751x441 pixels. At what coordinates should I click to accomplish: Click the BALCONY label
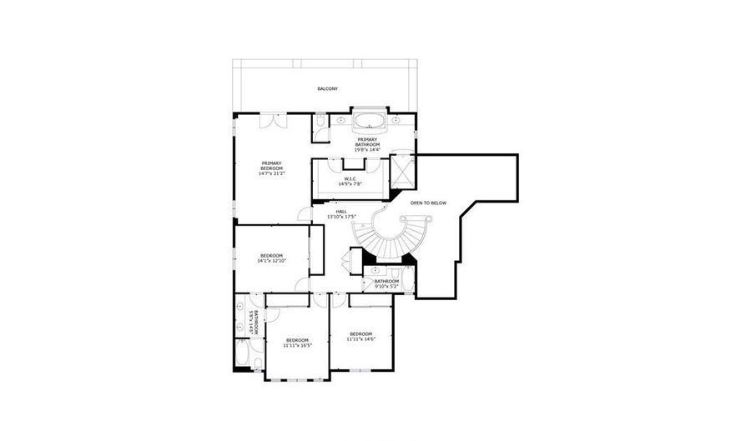click(327, 88)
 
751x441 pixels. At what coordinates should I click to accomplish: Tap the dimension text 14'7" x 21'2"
click(271, 173)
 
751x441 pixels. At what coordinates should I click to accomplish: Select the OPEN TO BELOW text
click(428, 203)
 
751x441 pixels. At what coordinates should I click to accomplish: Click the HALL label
click(341, 212)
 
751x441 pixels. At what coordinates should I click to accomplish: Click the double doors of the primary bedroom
click(271, 121)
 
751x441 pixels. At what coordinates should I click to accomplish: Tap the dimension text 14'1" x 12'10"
click(271, 261)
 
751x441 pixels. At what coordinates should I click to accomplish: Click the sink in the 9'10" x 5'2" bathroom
click(375, 271)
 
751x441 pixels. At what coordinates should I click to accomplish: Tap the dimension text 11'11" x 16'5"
click(297, 345)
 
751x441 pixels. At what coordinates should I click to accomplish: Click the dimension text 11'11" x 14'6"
click(360, 338)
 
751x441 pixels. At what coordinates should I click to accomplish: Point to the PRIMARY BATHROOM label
click(367, 143)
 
